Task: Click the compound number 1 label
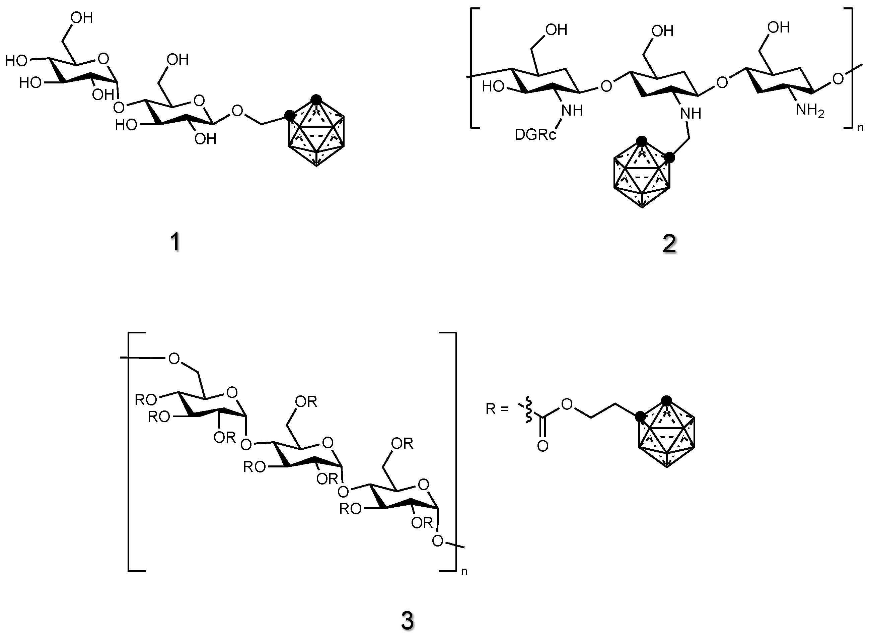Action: point(175,243)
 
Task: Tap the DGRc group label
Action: point(535,135)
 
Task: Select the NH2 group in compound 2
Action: point(810,111)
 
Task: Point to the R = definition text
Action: point(497,409)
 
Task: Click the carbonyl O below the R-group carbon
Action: point(543,446)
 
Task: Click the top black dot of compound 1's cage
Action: point(316,99)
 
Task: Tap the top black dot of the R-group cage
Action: point(666,400)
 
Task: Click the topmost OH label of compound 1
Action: point(82,18)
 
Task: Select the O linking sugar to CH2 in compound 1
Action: point(237,111)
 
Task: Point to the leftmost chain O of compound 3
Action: point(174,359)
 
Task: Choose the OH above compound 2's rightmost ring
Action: point(779,27)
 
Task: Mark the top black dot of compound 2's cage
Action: point(642,140)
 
